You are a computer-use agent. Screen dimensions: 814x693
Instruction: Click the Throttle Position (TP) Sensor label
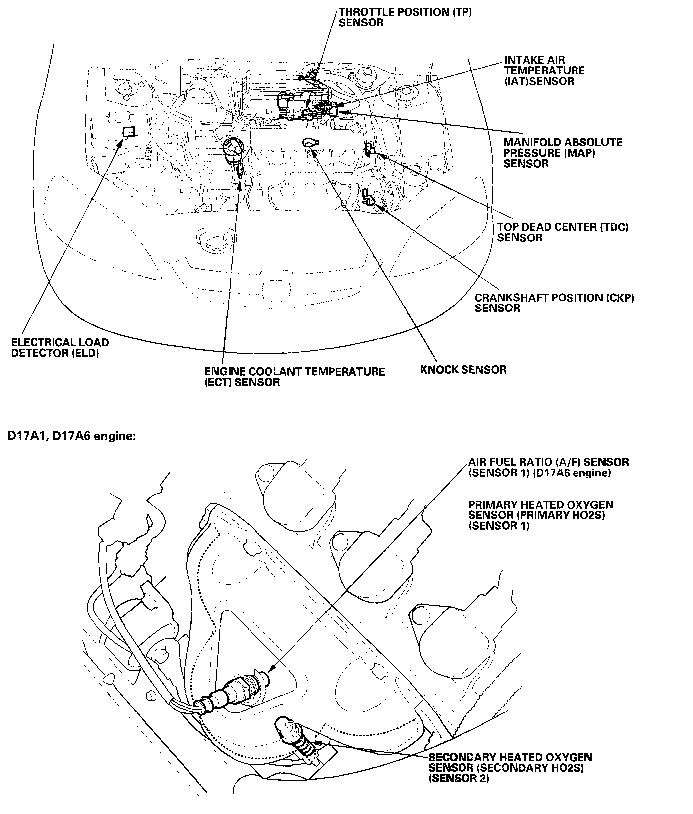click(x=405, y=17)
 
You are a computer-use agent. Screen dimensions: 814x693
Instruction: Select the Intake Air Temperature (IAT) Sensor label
click(x=544, y=71)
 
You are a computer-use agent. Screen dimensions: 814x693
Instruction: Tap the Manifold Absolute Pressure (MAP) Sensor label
click(x=563, y=153)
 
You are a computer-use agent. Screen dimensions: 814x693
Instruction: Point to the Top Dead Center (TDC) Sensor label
click(x=563, y=232)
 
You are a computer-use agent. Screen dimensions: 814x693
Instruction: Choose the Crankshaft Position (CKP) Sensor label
click(x=554, y=303)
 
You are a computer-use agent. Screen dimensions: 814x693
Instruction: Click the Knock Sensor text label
click(x=463, y=370)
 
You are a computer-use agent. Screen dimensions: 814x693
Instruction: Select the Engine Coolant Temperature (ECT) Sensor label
click(x=294, y=377)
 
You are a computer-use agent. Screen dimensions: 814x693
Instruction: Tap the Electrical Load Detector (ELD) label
click(x=60, y=348)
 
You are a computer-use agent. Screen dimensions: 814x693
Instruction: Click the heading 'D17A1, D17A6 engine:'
click(x=71, y=436)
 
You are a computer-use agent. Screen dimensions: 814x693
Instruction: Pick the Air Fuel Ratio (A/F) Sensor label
click(x=549, y=467)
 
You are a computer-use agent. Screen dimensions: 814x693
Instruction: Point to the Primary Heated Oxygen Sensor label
click(x=541, y=515)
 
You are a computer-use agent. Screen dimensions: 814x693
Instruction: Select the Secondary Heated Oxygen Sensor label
click(x=510, y=768)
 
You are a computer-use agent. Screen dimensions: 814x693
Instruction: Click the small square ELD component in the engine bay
click(x=128, y=131)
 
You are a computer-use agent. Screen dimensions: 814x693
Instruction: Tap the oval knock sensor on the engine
click(x=310, y=143)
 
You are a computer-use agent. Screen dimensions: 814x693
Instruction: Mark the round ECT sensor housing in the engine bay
click(x=233, y=149)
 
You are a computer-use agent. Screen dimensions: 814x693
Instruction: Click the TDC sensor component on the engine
click(x=369, y=149)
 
